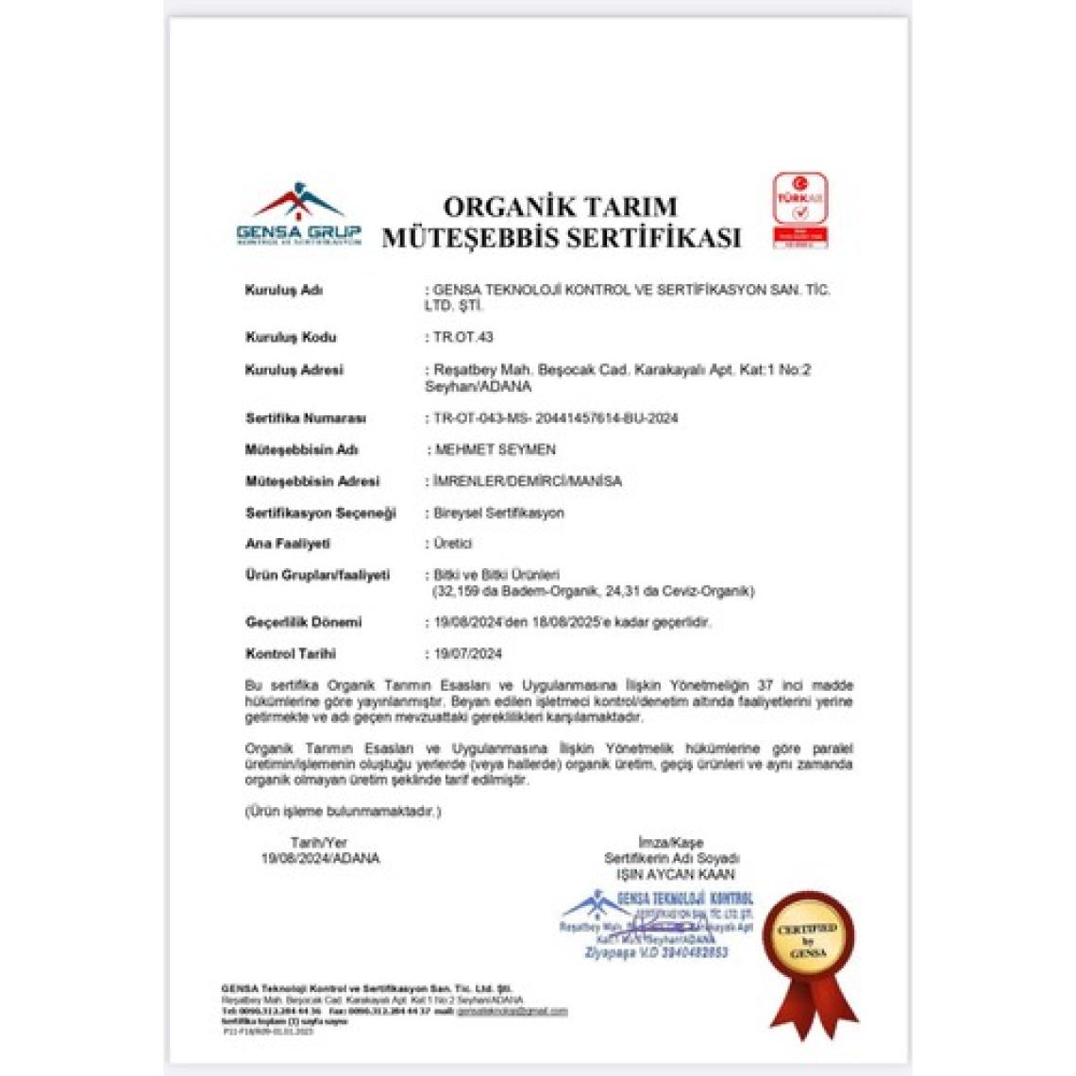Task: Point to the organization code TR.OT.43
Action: (462, 337)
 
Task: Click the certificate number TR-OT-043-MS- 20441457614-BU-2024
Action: (555, 417)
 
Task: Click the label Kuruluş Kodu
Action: (291, 337)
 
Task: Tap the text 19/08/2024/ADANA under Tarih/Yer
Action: (320, 858)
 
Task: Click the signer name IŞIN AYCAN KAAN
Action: (675, 874)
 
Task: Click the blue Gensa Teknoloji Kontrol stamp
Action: (661, 923)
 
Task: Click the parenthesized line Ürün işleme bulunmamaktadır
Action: (343, 811)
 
